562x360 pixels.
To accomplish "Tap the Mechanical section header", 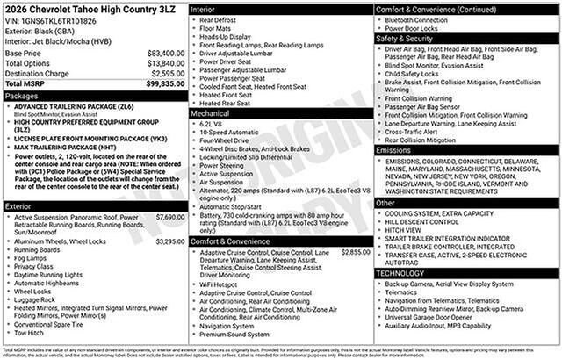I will (x=210, y=113).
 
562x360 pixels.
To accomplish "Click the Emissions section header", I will (x=393, y=150).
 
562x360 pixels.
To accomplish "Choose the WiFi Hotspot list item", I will (x=220, y=284).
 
